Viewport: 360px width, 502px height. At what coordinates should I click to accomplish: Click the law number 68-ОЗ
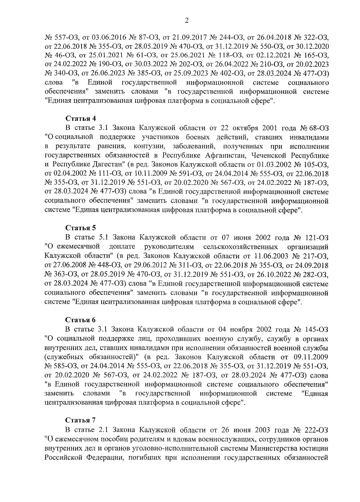[x=318, y=128]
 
